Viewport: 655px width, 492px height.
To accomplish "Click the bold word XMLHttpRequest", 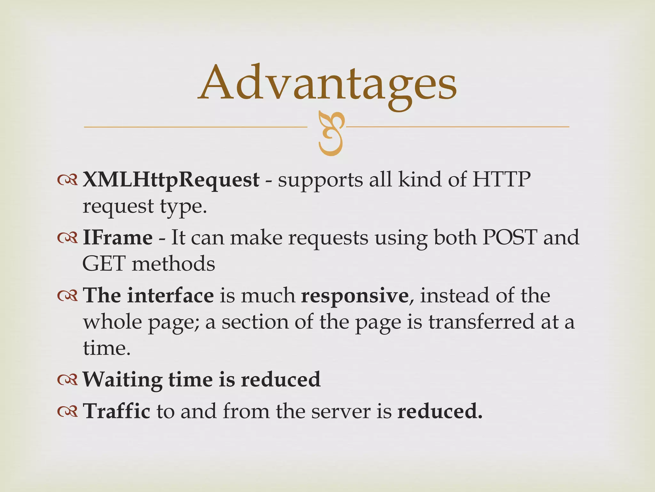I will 171,180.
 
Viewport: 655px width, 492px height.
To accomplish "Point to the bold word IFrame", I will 117,238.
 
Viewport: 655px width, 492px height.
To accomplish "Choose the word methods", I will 173,264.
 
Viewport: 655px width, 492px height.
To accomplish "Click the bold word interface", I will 170,295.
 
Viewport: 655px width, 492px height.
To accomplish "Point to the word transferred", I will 481,322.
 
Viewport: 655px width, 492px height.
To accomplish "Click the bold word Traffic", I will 116,411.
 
